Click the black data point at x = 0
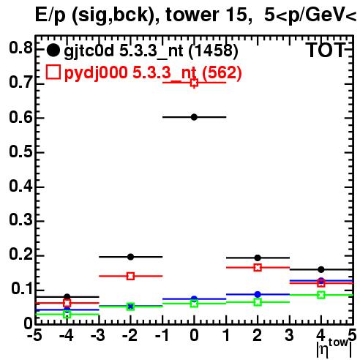pos(194,117)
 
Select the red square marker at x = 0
pos(194,83)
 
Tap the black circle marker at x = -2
pos(131,257)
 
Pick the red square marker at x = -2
pos(131,277)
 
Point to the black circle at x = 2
pos(258,258)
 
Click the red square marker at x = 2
pos(258,268)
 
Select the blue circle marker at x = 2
pos(258,294)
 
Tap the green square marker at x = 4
pos(321,295)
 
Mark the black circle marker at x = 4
pos(321,270)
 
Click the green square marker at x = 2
pos(258,302)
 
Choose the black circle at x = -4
pos(67,297)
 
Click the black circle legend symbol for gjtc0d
pos(53,50)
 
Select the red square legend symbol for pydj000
pos(53,72)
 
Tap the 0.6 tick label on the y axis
pos(20,118)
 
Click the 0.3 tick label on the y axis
pos(20,220)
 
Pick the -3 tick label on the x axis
pos(98,336)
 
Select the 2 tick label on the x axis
pos(258,336)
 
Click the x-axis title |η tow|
pos(334,348)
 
